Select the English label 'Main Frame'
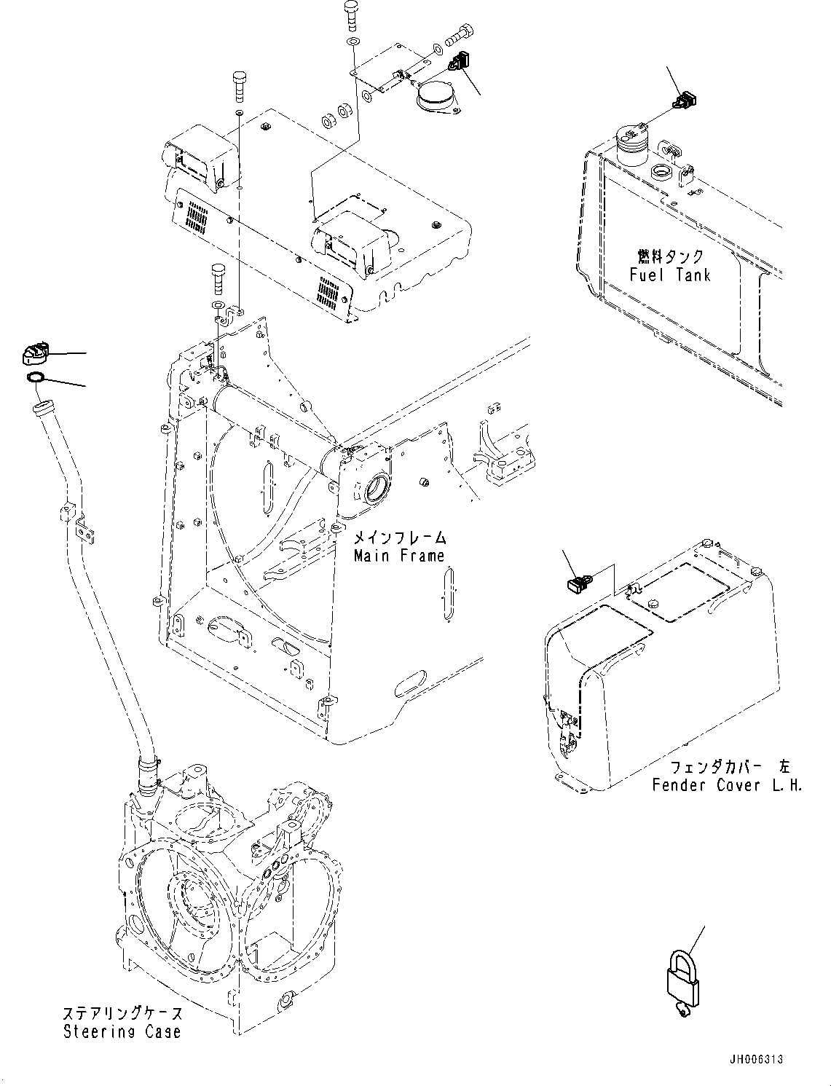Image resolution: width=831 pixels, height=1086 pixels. point(398,556)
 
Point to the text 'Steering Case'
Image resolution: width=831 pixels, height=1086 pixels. point(122,1031)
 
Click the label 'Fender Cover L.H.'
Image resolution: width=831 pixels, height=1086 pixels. point(726,785)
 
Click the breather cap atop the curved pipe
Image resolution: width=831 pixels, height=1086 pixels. point(34,354)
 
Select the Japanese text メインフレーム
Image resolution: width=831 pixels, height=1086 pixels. point(399,538)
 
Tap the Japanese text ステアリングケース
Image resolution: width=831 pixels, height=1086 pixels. point(122,1013)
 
